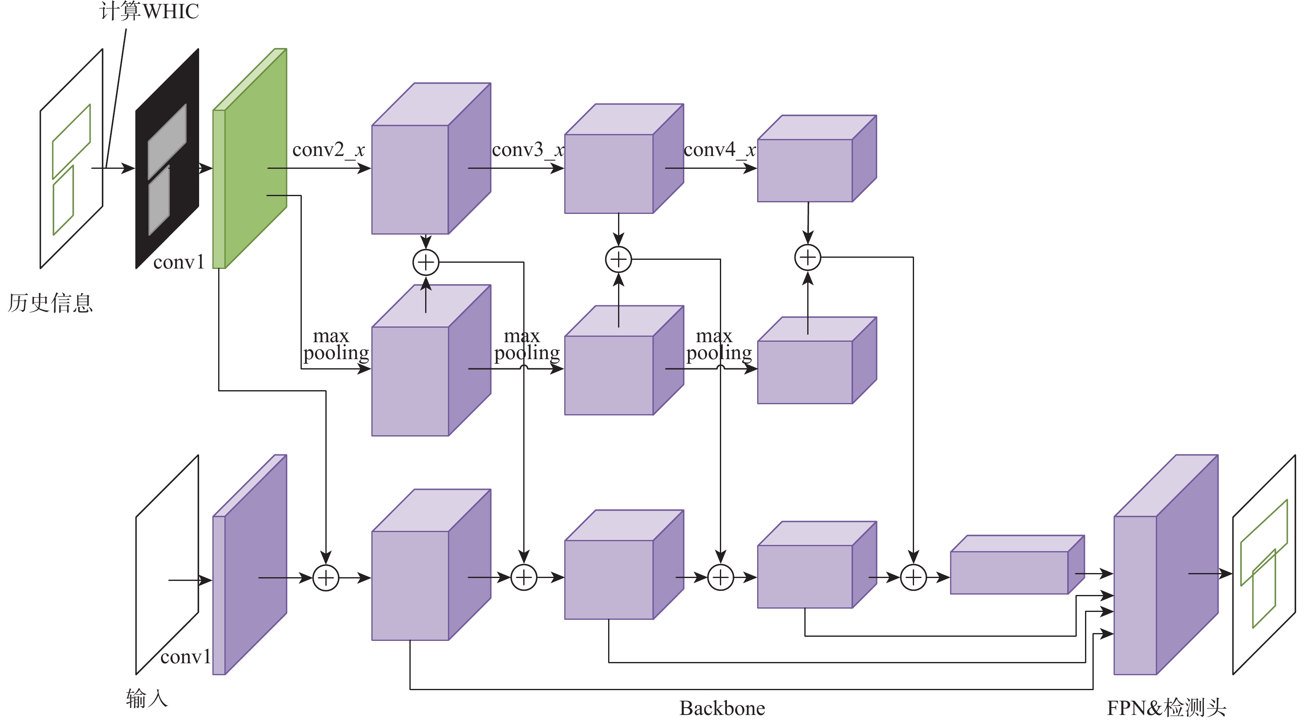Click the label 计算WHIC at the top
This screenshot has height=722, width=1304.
coord(149,11)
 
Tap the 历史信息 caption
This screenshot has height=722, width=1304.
coord(50,303)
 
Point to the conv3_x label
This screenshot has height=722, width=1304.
coord(528,150)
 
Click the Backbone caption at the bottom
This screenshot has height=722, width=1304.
coord(722,708)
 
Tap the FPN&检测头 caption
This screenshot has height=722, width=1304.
coord(1166,708)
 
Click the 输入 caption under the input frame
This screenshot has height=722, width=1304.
coord(146,699)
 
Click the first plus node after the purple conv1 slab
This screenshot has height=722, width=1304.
coord(325,578)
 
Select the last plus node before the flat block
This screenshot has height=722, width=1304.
coord(913,578)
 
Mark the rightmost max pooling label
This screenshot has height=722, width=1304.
coord(718,345)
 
